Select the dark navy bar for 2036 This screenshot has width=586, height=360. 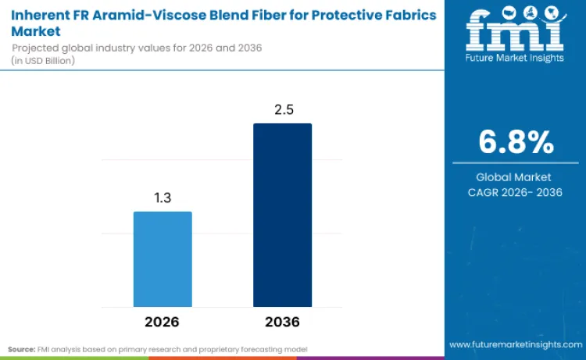pyautogui.click(x=282, y=215)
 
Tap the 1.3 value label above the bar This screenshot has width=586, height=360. pyautogui.click(x=163, y=198)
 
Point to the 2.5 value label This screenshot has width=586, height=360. pyautogui.click(x=282, y=110)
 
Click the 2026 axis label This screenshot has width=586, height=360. pyautogui.click(x=162, y=322)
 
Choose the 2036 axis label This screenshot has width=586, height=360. pyautogui.click(x=282, y=322)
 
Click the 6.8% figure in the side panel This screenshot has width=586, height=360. pyautogui.click(x=515, y=143)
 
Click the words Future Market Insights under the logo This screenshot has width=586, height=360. pyautogui.click(x=514, y=57)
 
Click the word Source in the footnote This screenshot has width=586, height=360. pyautogui.click(x=21, y=348)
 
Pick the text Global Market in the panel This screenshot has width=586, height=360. pyautogui.click(x=514, y=177)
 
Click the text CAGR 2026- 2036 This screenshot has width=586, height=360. pyautogui.click(x=514, y=192)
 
